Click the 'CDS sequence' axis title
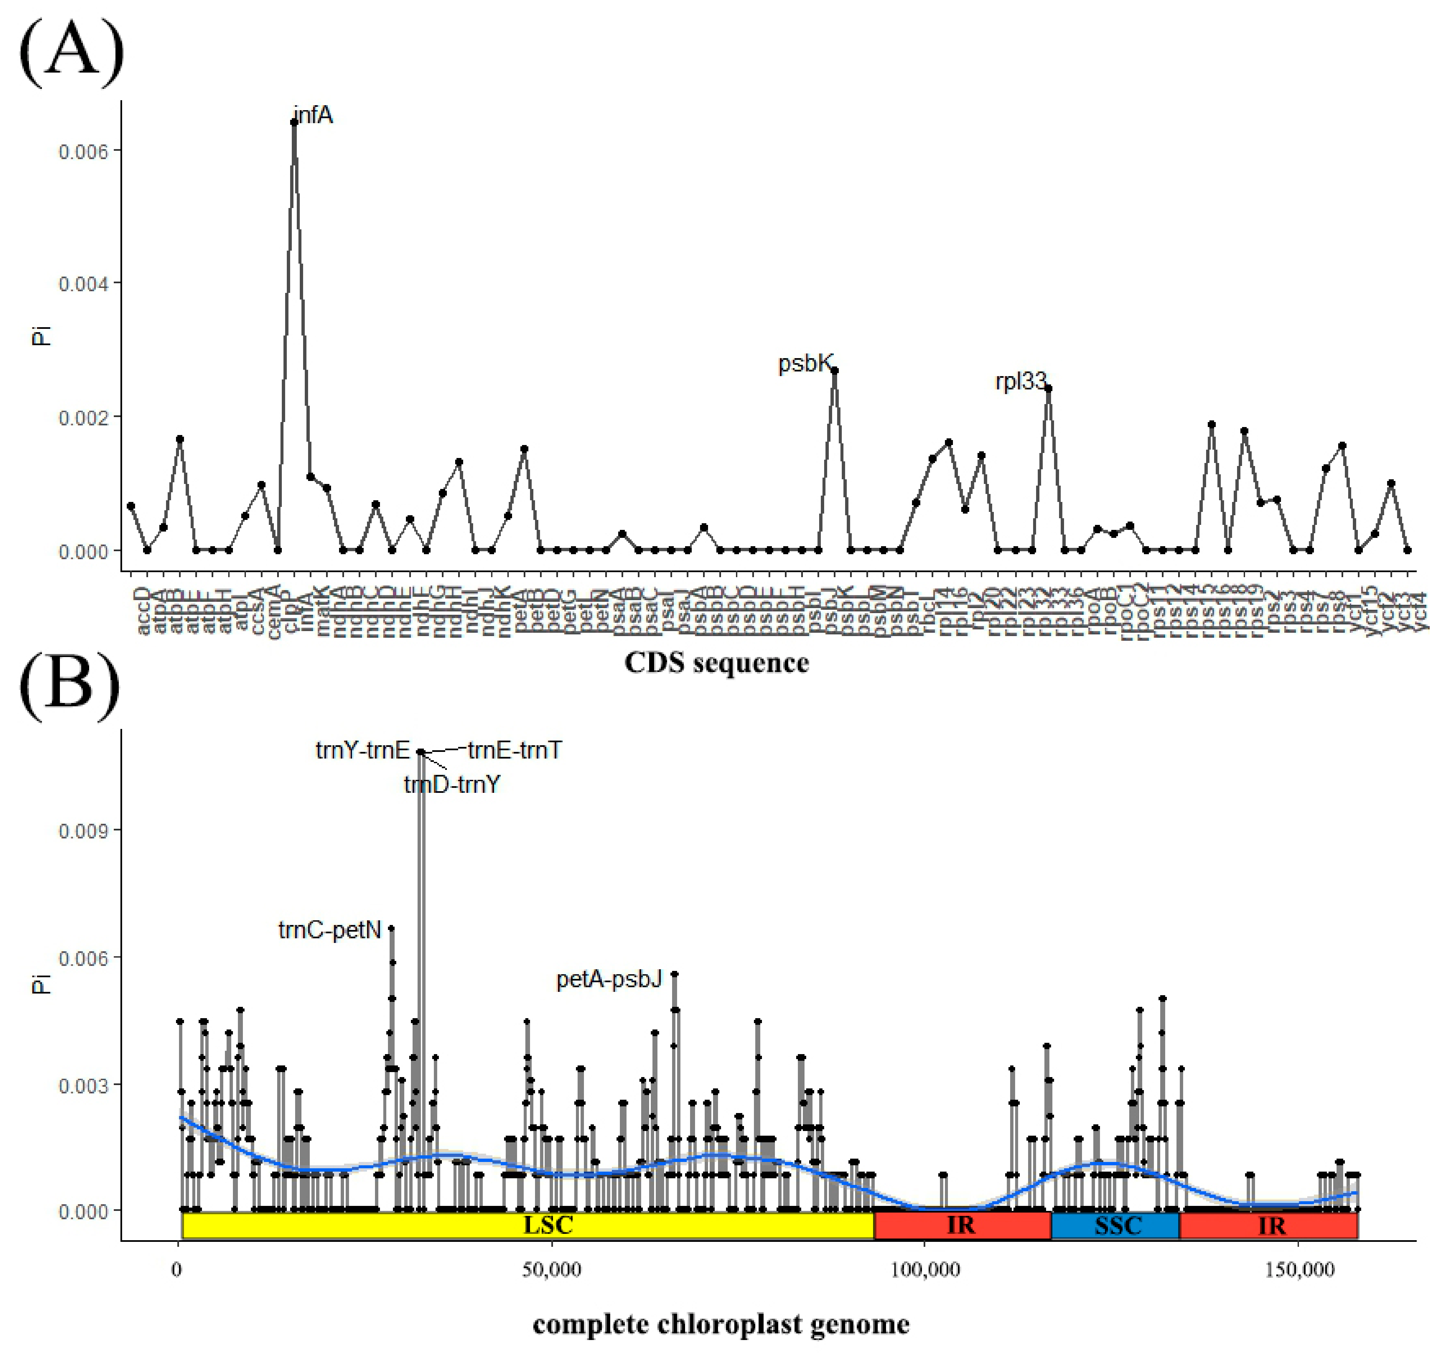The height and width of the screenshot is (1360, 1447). click(716, 663)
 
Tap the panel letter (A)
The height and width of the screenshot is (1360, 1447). click(71, 52)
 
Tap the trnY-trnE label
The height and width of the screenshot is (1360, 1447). click(362, 750)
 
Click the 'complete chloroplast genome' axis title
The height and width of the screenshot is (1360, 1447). click(721, 1324)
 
